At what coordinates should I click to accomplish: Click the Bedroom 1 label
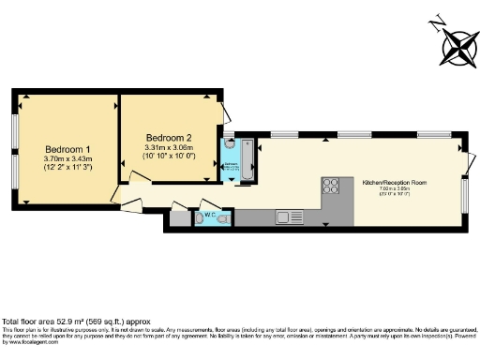pyautogui.click(x=67, y=149)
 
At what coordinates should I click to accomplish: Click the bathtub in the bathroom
pyautogui.click(x=247, y=161)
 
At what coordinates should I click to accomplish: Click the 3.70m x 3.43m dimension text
pyautogui.click(x=67, y=160)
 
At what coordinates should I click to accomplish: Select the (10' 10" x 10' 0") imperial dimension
pyautogui.click(x=168, y=157)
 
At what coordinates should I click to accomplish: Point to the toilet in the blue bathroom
pyautogui.click(x=230, y=147)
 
